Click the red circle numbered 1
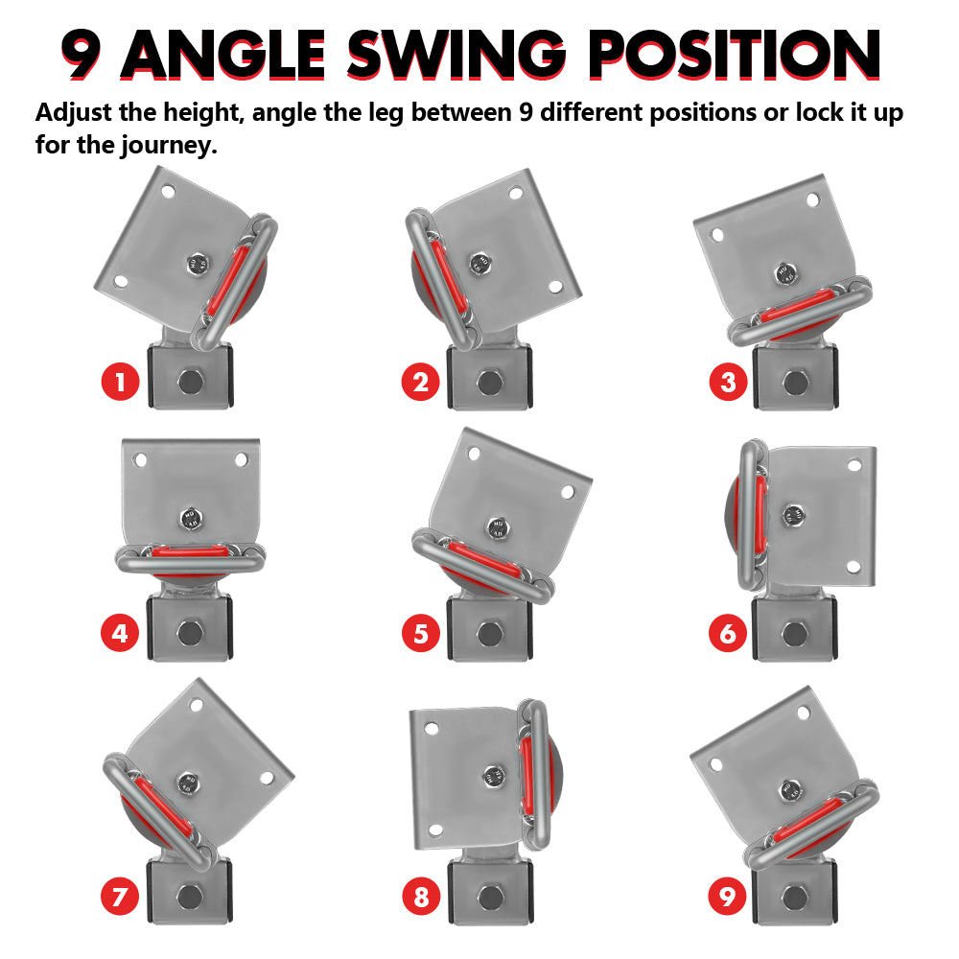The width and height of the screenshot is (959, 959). tap(120, 384)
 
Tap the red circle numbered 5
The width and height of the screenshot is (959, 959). tap(421, 633)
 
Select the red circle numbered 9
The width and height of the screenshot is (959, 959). tap(728, 898)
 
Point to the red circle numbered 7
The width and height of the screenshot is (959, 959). tap(120, 898)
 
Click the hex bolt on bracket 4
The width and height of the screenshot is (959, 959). tap(191, 521)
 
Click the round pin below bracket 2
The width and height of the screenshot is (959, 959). tap(490, 382)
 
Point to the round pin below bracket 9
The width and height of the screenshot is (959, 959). tap(794, 897)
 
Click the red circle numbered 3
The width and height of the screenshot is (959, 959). tap(728, 384)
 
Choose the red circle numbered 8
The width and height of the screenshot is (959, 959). tap(421, 898)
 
